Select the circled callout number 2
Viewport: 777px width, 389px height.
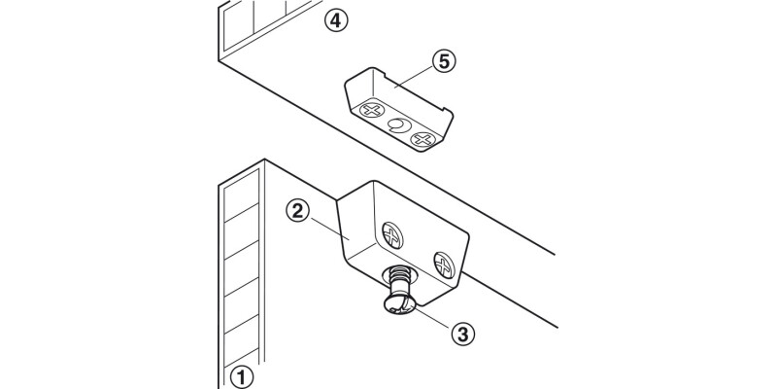(297, 209)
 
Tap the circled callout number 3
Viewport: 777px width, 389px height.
(462, 333)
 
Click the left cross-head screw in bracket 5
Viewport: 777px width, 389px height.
(370, 111)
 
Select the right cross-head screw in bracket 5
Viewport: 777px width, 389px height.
(422, 140)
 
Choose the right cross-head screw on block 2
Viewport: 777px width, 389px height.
(444, 265)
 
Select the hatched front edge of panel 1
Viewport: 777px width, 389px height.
(242, 272)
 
